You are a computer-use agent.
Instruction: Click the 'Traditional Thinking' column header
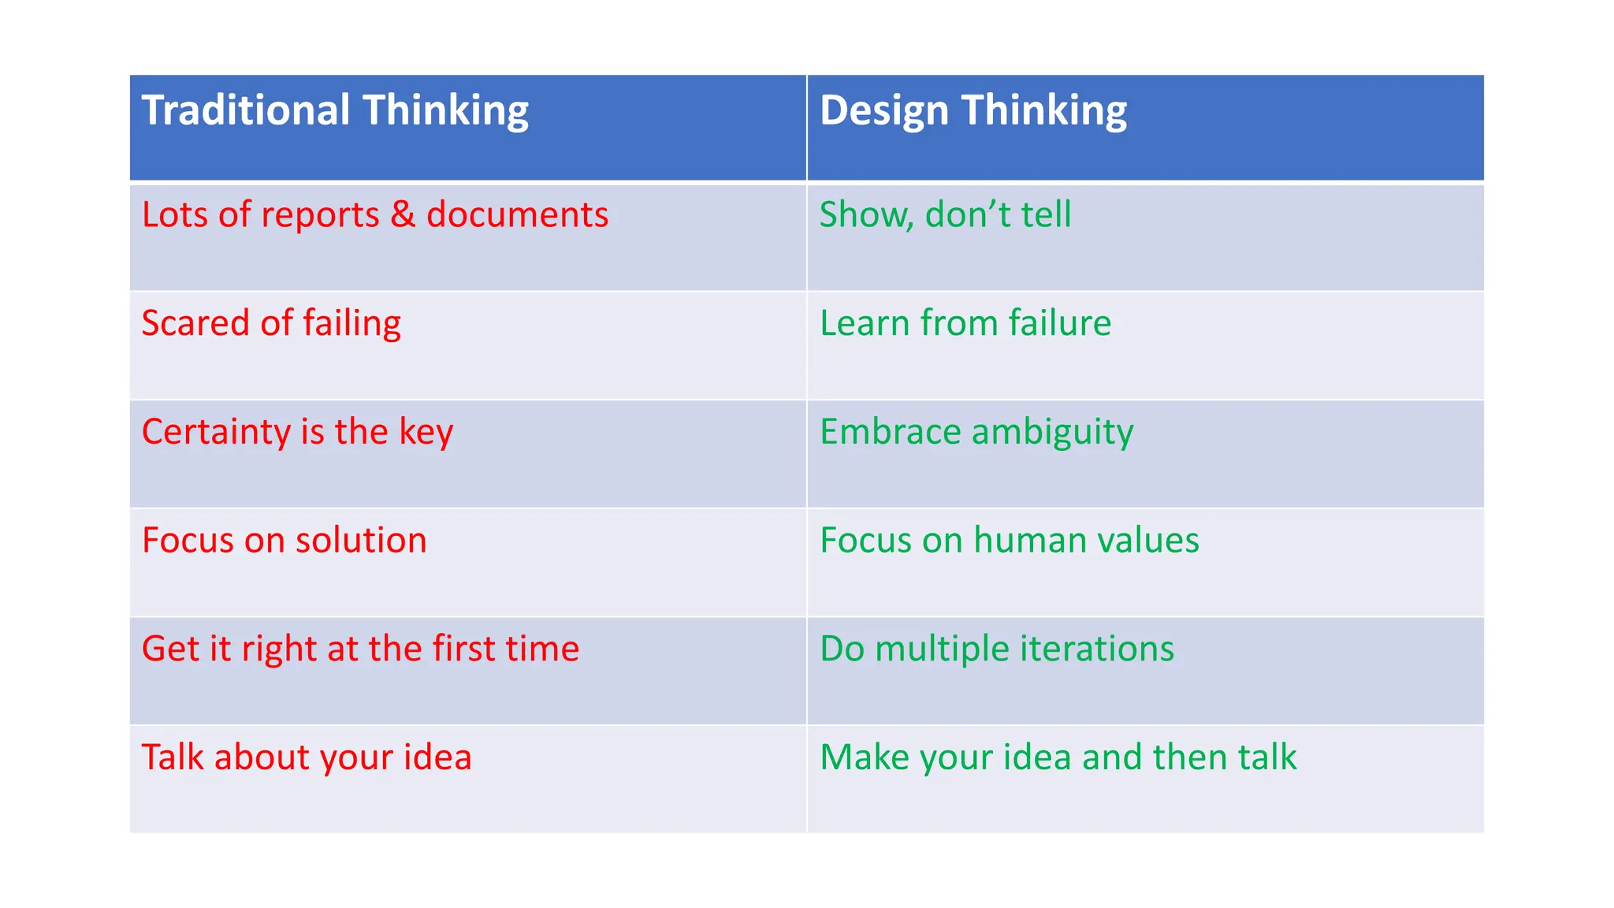tap(335, 110)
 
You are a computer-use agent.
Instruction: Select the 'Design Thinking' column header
tap(973, 110)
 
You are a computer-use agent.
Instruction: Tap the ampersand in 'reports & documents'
tap(403, 214)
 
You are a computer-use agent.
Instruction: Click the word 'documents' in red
tap(517, 214)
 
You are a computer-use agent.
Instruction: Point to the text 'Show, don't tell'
tap(945, 214)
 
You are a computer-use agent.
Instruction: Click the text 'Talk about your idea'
tap(307, 757)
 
